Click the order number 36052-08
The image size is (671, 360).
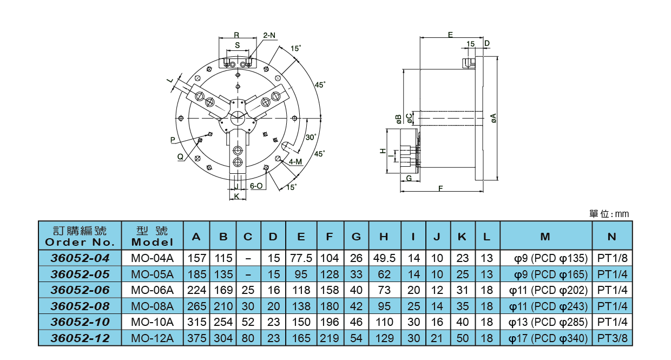click(80, 306)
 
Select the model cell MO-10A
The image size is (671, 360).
click(153, 322)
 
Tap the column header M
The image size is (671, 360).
click(545, 237)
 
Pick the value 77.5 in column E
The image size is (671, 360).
click(301, 258)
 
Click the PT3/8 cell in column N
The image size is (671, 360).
click(612, 339)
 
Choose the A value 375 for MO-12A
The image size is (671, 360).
click(196, 339)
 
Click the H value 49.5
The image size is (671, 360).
click(384, 258)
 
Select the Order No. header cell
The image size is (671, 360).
click(80, 237)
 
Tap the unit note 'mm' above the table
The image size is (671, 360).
click(622, 214)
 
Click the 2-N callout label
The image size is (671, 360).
click(269, 35)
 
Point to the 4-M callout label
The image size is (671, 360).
click(295, 161)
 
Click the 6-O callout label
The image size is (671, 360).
click(256, 186)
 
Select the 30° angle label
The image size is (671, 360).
click(311, 137)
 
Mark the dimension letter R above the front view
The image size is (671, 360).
click(236, 35)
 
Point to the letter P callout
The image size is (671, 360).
click(173, 140)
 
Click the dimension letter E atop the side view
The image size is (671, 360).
click(450, 35)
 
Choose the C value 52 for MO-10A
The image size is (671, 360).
click(248, 322)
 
